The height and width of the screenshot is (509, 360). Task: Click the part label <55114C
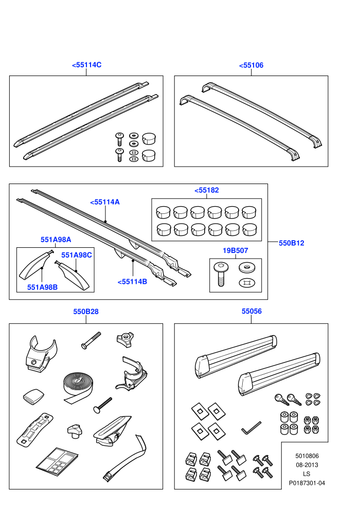[x=87, y=65]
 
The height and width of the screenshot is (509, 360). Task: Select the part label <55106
[x=251, y=65]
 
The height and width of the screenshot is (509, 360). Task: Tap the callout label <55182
[x=207, y=190]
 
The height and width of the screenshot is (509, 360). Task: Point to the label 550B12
[x=292, y=243]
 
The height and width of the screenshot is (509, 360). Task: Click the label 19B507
[x=236, y=250]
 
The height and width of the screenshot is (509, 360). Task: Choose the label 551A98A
[x=56, y=240]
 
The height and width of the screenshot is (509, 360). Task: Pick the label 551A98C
[x=77, y=255]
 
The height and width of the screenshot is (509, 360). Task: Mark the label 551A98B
[x=43, y=287]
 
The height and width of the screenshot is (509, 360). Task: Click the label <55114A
[x=105, y=202]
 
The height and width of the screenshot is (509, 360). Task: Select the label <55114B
[x=133, y=282]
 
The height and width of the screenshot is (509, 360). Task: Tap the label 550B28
[x=86, y=312]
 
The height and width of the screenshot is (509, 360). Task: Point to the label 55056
[x=251, y=311]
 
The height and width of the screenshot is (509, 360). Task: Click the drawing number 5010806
[x=307, y=456]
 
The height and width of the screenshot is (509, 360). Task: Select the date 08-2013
[x=307, y=465]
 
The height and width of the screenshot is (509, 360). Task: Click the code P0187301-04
[x=307, y=483]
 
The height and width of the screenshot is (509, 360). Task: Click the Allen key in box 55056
[x=251, y=428]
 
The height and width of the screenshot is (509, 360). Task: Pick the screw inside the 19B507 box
[x=221, y=274]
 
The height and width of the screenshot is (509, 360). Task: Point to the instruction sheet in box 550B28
[x=57, y=462]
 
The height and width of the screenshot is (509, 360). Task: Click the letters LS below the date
[x=307, y=474]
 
